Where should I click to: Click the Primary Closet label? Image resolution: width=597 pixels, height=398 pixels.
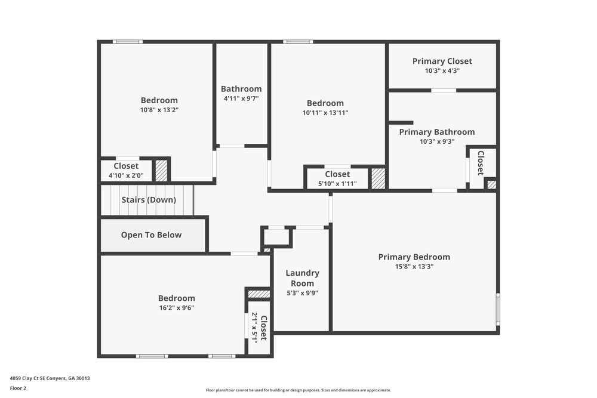442,61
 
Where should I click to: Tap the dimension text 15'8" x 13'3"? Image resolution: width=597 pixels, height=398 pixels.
414,267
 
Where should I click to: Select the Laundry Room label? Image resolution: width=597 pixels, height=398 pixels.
302,278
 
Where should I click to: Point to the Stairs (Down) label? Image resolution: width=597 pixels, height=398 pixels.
149,200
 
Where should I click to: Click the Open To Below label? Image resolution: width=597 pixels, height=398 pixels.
151,235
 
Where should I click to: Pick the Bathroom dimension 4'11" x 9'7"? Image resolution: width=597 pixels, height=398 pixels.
241,98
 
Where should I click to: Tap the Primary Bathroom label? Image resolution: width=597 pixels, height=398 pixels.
436,132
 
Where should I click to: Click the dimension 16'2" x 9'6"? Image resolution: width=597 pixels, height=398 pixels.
176,308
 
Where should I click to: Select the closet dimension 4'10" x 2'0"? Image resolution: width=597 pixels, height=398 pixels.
126,175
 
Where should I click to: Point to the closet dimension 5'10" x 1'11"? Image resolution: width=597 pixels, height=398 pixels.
337,184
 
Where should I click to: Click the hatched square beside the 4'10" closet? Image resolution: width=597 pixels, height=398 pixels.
161,171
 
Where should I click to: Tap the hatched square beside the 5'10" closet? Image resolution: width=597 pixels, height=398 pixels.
378,178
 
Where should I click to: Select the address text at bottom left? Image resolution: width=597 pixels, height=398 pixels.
50,378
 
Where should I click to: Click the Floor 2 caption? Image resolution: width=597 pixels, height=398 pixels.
18,388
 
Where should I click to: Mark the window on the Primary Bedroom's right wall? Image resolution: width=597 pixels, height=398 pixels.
498,309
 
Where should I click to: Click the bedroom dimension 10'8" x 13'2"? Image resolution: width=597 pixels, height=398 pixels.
159,110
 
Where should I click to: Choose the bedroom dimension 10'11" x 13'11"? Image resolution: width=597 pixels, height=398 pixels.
325,112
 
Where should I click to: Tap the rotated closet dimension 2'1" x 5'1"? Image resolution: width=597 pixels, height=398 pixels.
254,328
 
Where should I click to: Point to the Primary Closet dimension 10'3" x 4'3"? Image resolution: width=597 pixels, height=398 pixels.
442,70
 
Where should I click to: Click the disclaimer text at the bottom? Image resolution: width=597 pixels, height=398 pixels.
298,390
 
